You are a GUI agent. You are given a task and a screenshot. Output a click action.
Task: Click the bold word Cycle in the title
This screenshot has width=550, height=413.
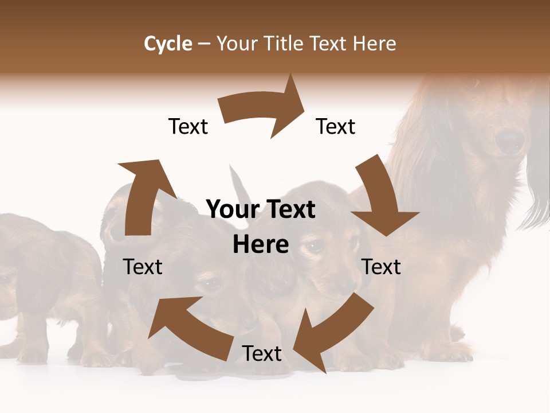point(168,44)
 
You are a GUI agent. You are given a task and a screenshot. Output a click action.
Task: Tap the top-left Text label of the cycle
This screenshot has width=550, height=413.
point(188,126)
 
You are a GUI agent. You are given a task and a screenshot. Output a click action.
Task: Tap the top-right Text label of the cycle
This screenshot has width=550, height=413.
point(336,126)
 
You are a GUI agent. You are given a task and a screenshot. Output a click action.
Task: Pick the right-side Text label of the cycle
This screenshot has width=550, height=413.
point(382,267)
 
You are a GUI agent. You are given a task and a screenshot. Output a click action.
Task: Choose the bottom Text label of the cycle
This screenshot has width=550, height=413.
point(262,353)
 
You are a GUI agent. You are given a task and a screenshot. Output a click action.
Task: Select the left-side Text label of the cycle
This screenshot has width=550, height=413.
point(143,267)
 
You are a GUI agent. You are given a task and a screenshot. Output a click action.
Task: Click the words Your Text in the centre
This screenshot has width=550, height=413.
point(261,210)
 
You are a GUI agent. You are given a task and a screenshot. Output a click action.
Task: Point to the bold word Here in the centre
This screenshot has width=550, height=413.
point(261,245)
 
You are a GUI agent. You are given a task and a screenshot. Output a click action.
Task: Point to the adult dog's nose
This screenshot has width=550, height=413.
point(509,140)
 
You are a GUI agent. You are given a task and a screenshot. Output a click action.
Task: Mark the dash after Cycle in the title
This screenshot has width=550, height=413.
point(204,44)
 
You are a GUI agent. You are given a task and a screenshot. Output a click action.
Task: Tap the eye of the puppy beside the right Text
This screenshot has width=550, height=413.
point(315,246)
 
